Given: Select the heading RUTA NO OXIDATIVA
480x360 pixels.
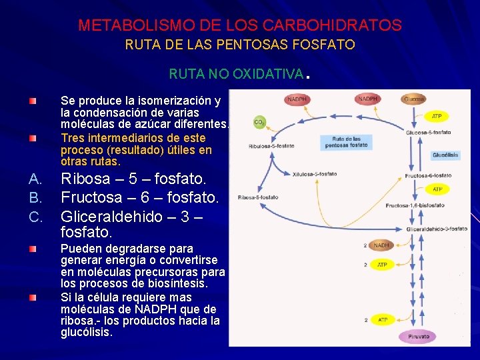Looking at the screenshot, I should click(x=237, y=73).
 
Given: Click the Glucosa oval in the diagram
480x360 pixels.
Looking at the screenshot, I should click(x=413, y=99).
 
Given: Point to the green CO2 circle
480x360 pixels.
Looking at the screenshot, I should click(x=260, y=123).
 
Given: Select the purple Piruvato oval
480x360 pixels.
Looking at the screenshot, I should click(x=418, y=337).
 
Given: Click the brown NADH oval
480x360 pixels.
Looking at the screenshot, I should click(x=381, y=245).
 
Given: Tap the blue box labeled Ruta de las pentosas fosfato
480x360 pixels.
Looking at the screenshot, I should click(x=349, y=141).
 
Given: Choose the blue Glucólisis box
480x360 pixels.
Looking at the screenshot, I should click(x=445, y=155).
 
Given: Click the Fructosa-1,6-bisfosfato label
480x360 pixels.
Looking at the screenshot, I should click(x=415, y=205).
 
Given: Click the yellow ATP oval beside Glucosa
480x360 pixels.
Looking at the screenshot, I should click(x=437, y=116).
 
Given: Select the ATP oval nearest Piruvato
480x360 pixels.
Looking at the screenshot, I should click(x=382, y=320).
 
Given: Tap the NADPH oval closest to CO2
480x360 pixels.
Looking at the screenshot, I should click(x=297, y=100).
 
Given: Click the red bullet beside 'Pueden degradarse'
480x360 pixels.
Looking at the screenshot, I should click(x=33, y=249).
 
